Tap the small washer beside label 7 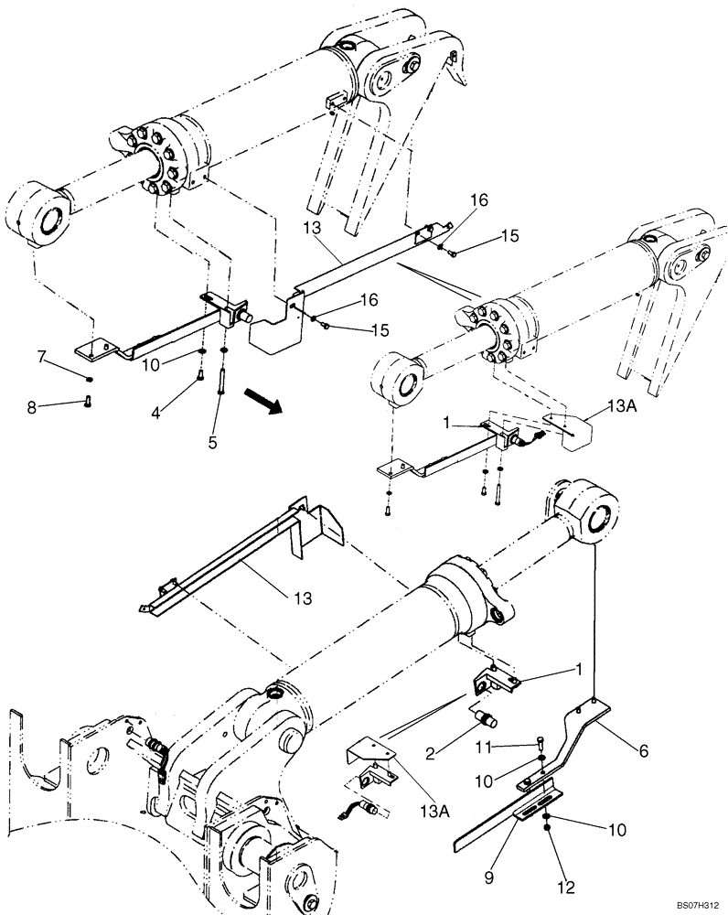click(89, 378)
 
